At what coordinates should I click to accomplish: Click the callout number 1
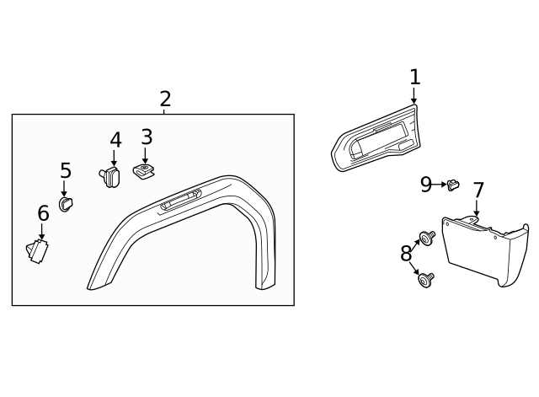[x=414, y=78]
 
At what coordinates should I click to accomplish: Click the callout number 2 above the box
[x=165, y=99]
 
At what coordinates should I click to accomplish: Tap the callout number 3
[x=147, y=137]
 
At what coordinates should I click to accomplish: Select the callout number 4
[x=115, y=140]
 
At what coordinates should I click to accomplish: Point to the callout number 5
[x=66, y=171]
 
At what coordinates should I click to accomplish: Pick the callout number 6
[x=43, y=214]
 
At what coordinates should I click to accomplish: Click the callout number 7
[x=478, y=190]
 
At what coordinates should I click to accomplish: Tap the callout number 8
[x=407, y=253]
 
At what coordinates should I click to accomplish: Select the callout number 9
[x=426, y=184]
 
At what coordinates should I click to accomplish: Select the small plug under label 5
[x=65, y=203]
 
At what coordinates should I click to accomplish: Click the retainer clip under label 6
[x=39, y=250]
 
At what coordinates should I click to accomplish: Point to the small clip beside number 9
[x=453, y=183]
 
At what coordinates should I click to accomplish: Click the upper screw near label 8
[x=426, y=239]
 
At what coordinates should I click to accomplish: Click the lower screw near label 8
[x=426, y=278]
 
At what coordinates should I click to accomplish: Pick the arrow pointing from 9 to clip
[x=440, y=184]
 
